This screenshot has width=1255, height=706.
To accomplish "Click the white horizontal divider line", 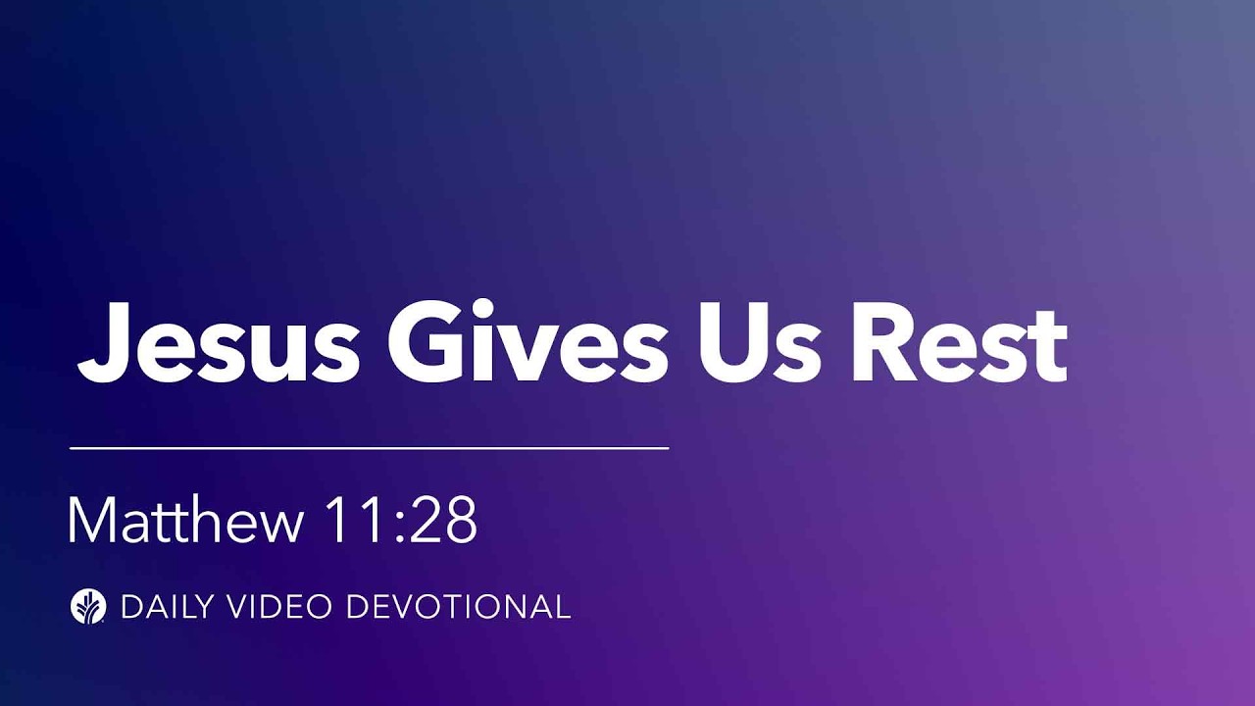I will [369, 448].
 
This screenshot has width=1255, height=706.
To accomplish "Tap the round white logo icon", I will [88, 606].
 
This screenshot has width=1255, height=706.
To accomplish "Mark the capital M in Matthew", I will [90, 521].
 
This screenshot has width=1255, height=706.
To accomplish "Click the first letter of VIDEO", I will [239, 607].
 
